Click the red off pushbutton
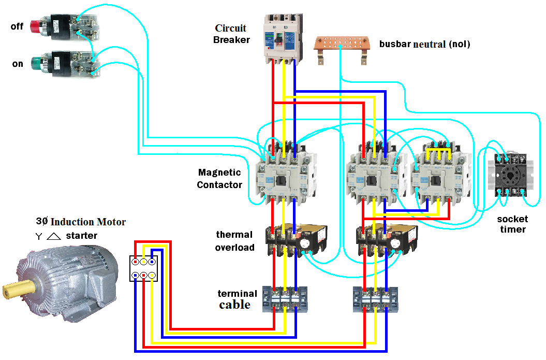[36, 24]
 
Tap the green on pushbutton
[36, 63]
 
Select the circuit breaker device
[282, 37]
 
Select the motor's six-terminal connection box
[143, 268]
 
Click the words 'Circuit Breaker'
[231, 34]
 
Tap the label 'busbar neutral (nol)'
[424, 44]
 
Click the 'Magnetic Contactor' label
[219, 178]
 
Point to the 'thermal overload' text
[235, 241]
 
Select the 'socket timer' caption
[512, 224]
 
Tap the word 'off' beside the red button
[17, 26]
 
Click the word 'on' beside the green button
[18, 64]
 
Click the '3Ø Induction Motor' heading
[81, 222]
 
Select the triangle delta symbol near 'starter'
[54, 236]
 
